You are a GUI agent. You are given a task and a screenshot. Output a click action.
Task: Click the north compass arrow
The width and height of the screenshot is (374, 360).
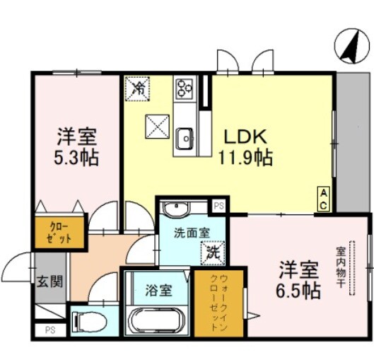[348, 45]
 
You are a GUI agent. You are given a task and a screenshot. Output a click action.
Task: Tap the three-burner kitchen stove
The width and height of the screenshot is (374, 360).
[185, 88]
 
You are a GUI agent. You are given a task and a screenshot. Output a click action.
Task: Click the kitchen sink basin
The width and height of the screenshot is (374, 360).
[185, 138]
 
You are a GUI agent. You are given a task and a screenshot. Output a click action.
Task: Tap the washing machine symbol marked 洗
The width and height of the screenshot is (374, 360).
[211, 251]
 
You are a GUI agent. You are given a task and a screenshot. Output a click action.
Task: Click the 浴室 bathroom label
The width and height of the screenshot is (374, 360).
[156, 290]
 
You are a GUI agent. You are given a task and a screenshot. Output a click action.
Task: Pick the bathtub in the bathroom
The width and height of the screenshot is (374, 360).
[156, 319]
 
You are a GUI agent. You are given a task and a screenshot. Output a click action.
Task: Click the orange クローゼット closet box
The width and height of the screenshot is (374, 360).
[60, 233]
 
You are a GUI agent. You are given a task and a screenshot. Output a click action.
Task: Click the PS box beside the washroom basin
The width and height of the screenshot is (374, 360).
[219, 207]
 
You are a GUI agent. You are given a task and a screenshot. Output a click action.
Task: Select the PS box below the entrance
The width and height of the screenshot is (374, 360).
[49, 330]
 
